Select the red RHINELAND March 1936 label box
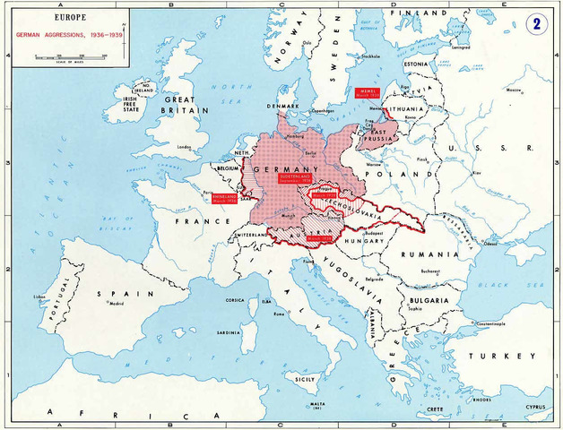(225, 198)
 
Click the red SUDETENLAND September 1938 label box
(294, 180)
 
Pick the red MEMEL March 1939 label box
(369, 93)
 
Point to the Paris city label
(209, 191)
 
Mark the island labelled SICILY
(306, 379)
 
